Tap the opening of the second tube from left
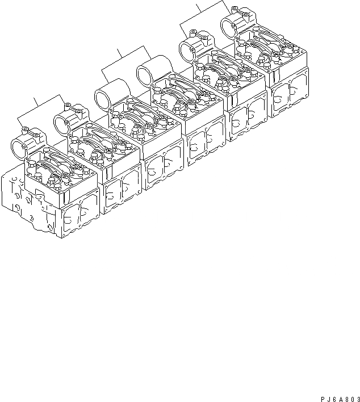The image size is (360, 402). click(x=62, y=122)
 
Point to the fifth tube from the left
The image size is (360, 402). click(x=188, y=49)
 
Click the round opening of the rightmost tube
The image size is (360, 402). click(x=228, y=26)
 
